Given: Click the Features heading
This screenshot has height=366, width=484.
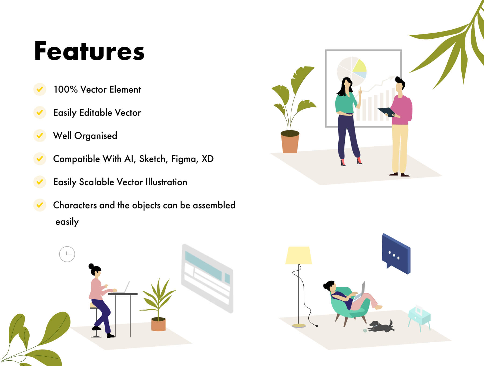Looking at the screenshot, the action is (89, 51).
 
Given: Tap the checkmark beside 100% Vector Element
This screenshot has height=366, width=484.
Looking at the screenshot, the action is (40, 89).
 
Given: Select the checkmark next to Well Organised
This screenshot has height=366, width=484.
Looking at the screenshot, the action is (40, 135).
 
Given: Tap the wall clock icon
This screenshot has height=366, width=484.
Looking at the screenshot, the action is (67, 254).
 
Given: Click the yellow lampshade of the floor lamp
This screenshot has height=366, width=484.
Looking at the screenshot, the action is (298, 255).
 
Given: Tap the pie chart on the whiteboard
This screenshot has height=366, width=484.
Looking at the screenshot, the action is (352, 71).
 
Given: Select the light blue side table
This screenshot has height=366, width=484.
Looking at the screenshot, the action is (419, 318).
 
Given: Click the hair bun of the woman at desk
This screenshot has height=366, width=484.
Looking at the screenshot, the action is (91, 266).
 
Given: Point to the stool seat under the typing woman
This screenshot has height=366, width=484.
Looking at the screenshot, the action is (94, 306).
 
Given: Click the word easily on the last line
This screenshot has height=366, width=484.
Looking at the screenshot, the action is (67, 222).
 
